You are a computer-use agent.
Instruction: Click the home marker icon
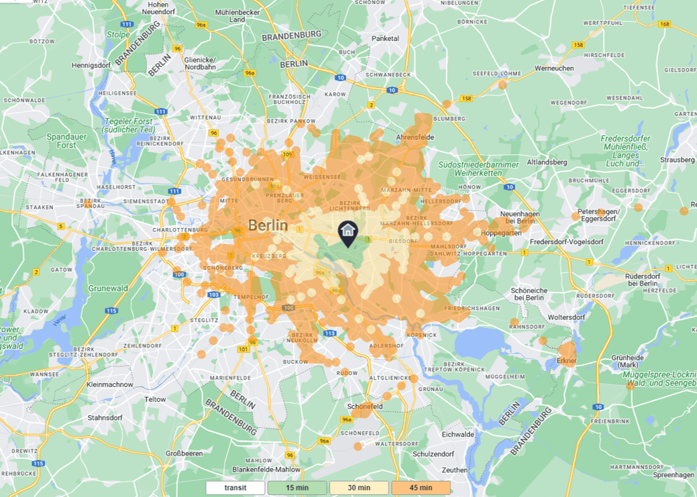pos(347,232)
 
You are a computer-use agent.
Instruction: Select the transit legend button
pos(235,488)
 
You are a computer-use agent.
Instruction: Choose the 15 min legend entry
pos(297,488)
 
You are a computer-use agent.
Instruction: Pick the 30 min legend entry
pos(359,488)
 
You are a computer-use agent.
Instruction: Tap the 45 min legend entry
pos(421,488)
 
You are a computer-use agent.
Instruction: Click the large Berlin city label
pos(268,225)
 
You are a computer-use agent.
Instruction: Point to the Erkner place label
pos(566,361)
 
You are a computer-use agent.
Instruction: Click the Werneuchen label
pos(554,68)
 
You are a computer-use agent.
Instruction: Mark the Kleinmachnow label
pos(109,385)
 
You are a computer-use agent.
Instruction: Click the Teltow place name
pos(155,399)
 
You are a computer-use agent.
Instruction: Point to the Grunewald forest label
pos(107,288)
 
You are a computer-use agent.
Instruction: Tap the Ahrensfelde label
pos(415,137)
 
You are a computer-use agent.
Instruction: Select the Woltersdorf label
pos(549,316)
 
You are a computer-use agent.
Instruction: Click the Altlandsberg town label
pos(547,162)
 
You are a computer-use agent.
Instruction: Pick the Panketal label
pos(385,39)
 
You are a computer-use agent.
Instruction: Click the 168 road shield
pos(665,24)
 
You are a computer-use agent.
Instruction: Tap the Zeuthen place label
pos(455,470)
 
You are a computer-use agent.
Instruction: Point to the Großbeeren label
pos(184,453)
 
